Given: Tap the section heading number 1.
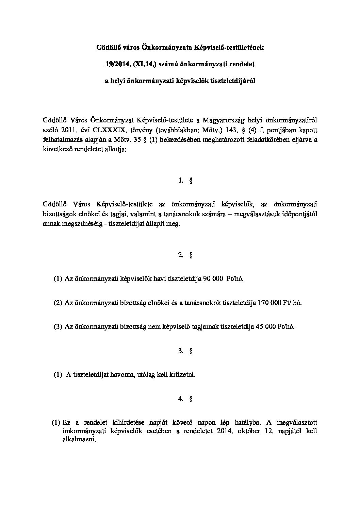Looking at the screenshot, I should tap(181, 181).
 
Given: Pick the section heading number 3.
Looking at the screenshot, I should tap(181, 351).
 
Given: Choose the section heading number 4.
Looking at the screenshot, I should tap(181, 399).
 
